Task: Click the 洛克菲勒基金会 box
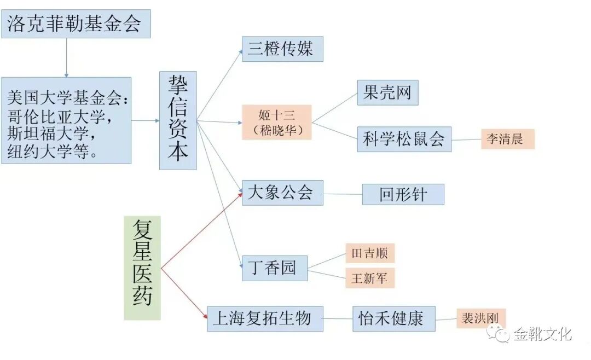tap(76, 24)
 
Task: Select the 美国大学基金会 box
tap(66, 120)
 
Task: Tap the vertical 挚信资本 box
tap(178, 120)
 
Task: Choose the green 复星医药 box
tap(142, 268)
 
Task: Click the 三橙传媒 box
tap(282, 49)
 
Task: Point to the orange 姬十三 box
tap(276, 122)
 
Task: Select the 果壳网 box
tap(387, 93)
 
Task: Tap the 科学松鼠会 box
tap(404, 139)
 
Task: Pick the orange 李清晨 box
tap(507, 139)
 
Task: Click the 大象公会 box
tap(282, 193)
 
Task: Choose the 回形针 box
tap(403, 195)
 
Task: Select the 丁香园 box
tap(275, 268)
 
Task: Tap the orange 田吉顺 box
tap(369, 253)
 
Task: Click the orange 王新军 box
tap(369, 278)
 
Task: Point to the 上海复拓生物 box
tap(265, 318)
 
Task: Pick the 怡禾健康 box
tap(393, 318)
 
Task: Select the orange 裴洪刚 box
tap(481, 318)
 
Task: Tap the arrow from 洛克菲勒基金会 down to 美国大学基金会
tap(66, 57)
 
